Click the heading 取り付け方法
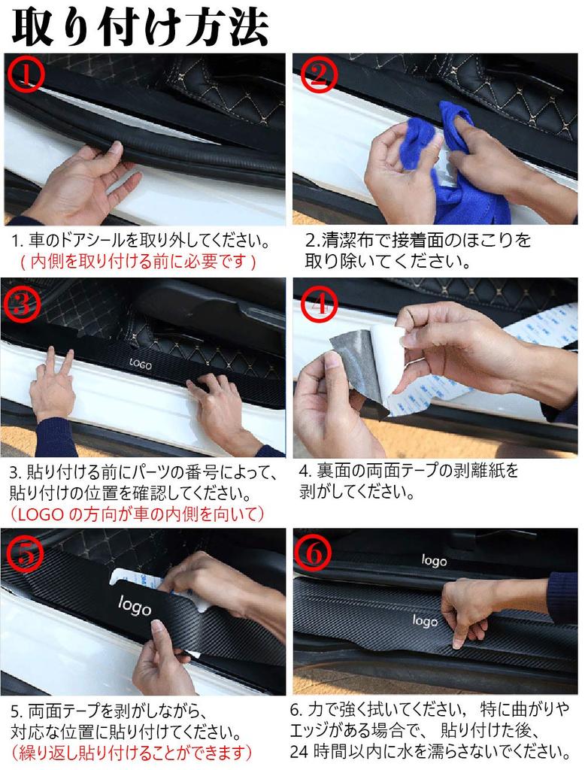141,26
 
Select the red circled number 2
320,74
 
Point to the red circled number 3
22,302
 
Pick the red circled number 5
24,553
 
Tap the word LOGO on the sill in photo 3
141,364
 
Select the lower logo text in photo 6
425,620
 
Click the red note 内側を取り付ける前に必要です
138,262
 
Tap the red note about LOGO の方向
137,514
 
